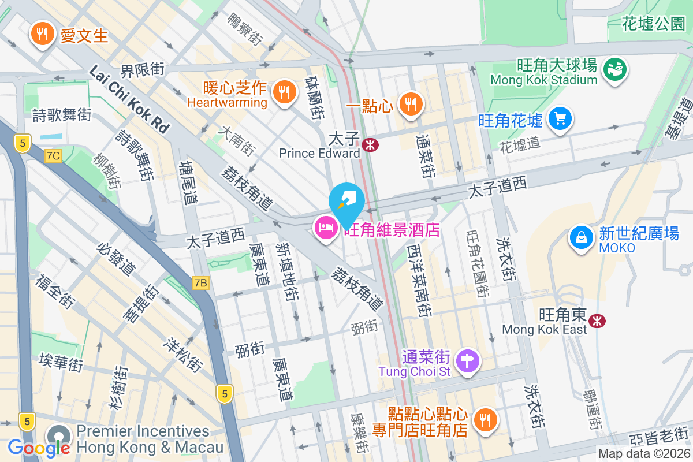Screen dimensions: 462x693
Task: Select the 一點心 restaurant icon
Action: pyautogui.click(x=410, y=104)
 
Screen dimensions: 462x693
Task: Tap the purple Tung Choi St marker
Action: pyautogui.click(x=468, y=362)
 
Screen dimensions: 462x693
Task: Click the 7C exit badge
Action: pyautogui.click(x=53, y=156)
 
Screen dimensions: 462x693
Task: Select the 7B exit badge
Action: pyautogui.click(x=200, y=282)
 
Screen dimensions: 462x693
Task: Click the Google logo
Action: pyautogui.click(x=39, y=448)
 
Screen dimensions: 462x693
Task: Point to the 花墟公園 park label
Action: pyautogui.click(x=653, y=24)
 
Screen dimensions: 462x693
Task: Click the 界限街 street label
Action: pyautogui.click(x=142, y=70)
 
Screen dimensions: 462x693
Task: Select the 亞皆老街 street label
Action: pyautogui.click(x=658, y=436)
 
